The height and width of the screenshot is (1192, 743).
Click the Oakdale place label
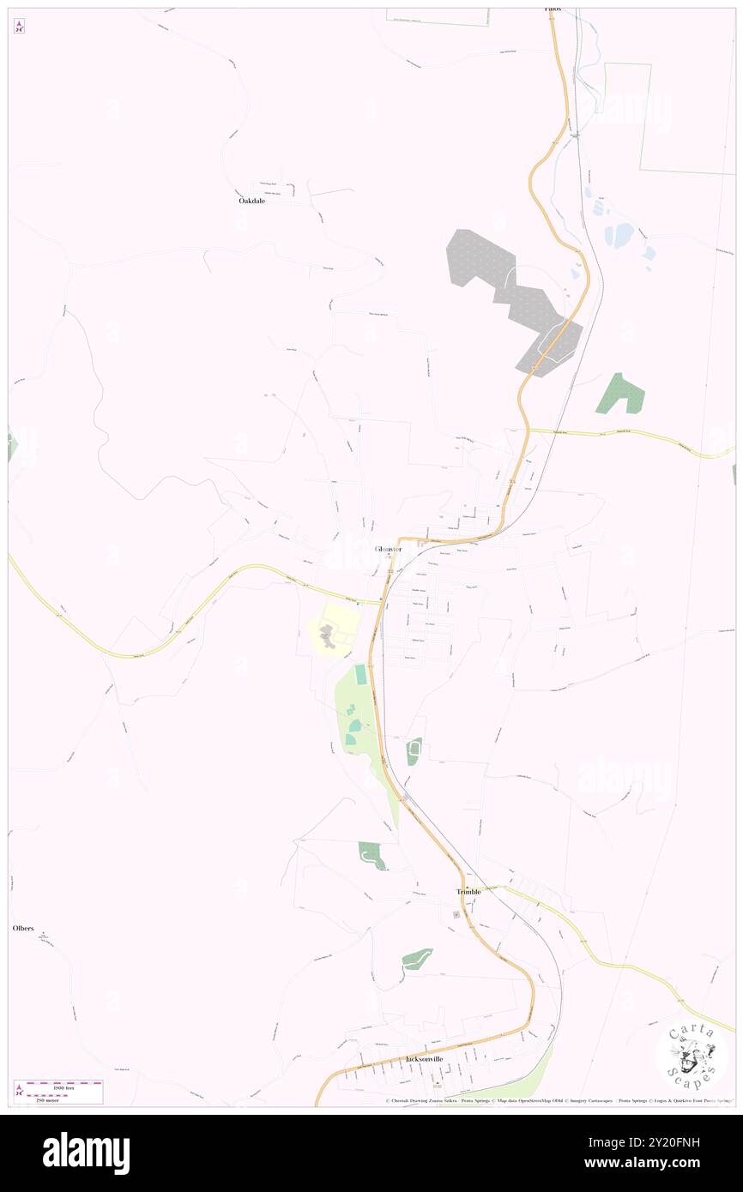(x=251, y=201)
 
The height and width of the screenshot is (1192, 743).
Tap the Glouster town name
(x=388, y=549)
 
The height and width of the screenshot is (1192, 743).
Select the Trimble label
(x=468, y=892)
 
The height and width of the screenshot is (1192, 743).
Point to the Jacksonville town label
(x=424, y=1059)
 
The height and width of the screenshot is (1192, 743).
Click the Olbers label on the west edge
(x=23, y=929)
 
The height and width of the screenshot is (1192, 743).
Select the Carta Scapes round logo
(x=692, y=1057)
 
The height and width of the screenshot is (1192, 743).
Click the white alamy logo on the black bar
(x=86, y=1152)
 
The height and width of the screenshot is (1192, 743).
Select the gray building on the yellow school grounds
(x=327, y=636)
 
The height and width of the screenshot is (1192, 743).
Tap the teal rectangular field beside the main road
(x=361, y=675)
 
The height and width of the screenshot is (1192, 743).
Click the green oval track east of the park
(x=414, y=751)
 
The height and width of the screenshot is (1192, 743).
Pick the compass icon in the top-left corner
(x=19, y=27)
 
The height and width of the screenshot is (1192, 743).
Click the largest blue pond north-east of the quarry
(x=619, y=234)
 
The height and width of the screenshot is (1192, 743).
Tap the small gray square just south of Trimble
(x=456, y=914)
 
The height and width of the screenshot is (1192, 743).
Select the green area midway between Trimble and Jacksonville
(x=417, y=960)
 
